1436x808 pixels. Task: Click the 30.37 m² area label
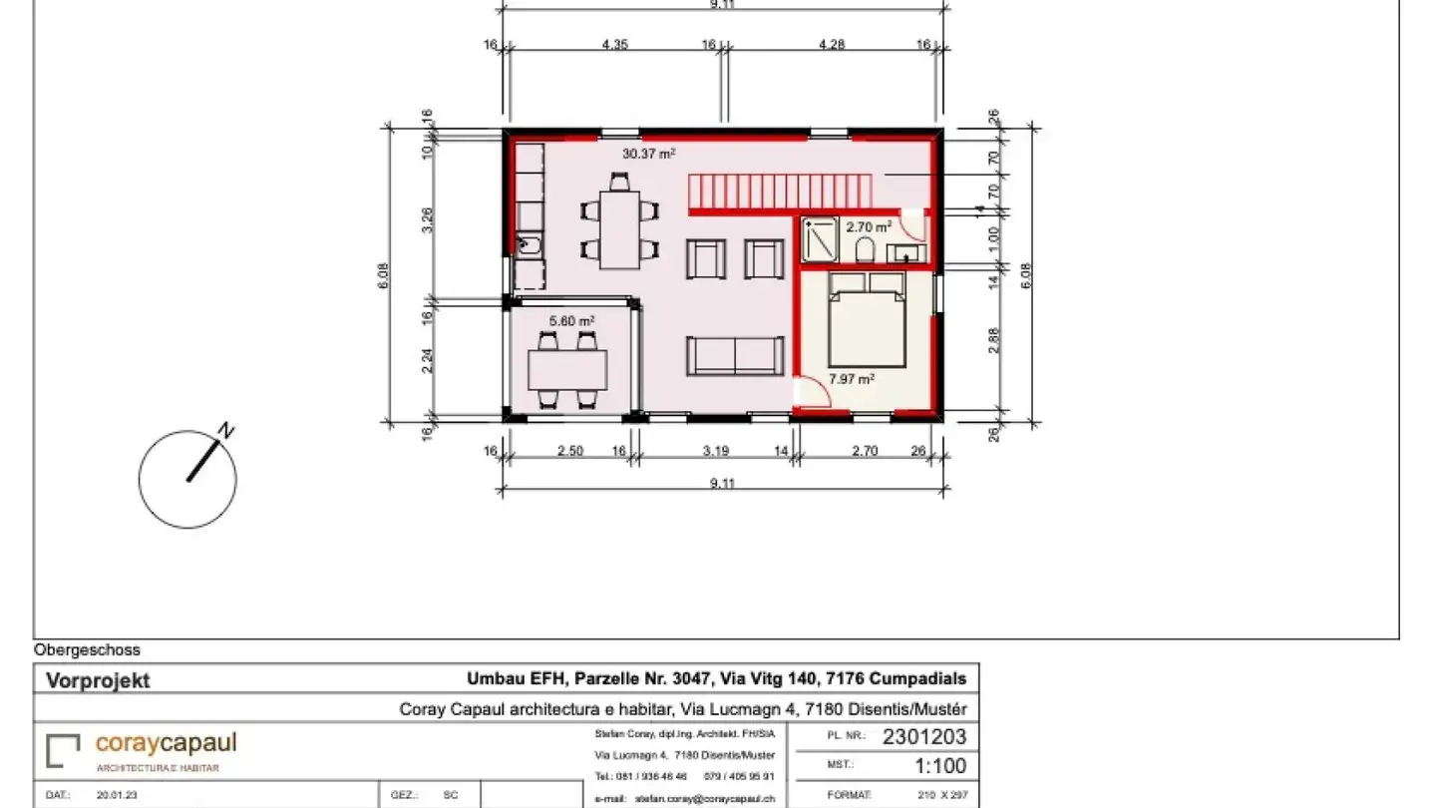point(649,154)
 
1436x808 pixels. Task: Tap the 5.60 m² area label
point(571,321)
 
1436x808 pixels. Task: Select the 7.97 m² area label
point(852,379)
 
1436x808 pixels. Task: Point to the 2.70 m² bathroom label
point(869,226)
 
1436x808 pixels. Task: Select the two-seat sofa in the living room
point(734,356)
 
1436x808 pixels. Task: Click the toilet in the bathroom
point(864,250)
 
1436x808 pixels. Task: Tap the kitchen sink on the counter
point(528,243)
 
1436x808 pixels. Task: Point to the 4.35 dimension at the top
point(614,44)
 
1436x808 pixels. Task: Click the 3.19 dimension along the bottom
point(715,451)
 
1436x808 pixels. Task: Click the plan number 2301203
point(924,738)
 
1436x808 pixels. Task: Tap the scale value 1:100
point(940,767)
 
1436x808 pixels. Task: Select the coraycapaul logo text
point(166,744)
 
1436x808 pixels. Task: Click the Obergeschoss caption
point(87,650)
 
